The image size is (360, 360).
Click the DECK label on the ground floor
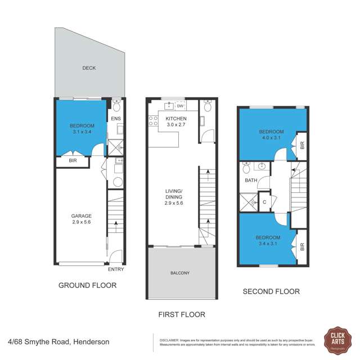click(x=89, y=68)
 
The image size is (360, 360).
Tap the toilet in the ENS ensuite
click(x=116, y=106)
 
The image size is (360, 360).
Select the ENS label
click(x=116, y=119)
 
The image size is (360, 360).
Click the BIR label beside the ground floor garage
click(x=73, y=161)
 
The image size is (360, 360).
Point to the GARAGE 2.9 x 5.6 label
click(x=81, y=219)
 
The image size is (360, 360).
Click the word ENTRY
click(x=116, y=269)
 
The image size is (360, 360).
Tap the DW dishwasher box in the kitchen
click(x=180, y=106)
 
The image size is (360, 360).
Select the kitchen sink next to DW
click(x=168, y=106)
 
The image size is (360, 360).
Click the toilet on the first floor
click(x=208, y=106)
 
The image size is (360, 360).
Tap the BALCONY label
click(x=180, y=273)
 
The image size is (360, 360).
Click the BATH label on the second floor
click(x=250, y=181)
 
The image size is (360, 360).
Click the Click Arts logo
click(x=338, y=340)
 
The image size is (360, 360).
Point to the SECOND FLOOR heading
click(x=271, y=291)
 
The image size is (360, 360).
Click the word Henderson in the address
click(x=89, y=341)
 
